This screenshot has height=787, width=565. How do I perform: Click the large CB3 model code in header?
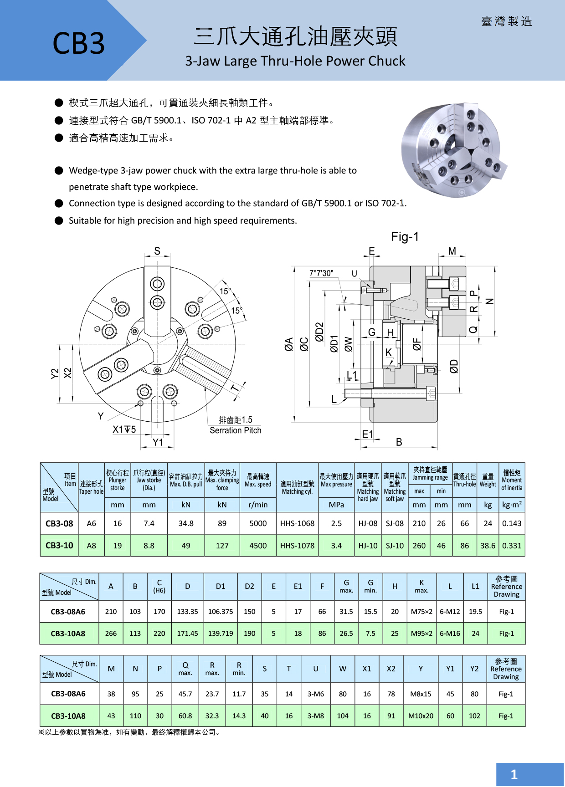pos(78,43)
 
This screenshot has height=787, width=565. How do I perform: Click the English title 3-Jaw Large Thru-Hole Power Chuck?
pos(295,61)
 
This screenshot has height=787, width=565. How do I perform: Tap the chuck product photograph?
pos(453,150)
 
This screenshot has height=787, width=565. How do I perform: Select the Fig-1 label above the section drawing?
pos(405,237)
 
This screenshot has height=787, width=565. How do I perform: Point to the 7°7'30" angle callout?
pos(321,273)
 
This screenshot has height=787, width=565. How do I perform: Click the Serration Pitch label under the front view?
pos(235,430)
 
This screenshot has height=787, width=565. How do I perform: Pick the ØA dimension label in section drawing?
pos(289,344)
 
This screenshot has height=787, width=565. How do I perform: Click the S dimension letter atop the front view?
pos(157,251)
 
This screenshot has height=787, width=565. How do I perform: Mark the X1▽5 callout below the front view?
pos(124,429)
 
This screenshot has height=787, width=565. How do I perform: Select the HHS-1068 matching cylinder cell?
pos(297,524)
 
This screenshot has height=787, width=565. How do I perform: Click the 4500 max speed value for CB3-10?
pos(258,546)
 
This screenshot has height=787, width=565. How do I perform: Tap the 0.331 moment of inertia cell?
pos(512,546)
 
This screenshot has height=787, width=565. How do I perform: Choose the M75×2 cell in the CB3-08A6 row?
pos(421,612)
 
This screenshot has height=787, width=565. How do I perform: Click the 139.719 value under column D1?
pos(221,634)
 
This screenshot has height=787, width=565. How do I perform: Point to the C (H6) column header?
pos(159,586)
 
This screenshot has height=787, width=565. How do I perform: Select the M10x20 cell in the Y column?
pos(421,716)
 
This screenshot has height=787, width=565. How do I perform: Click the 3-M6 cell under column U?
pos(315,694)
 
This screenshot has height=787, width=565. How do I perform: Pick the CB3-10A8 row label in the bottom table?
pos(68,716)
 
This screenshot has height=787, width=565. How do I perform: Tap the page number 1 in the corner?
pos(514,774)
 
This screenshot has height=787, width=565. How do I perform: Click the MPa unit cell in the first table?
pos(336,505)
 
